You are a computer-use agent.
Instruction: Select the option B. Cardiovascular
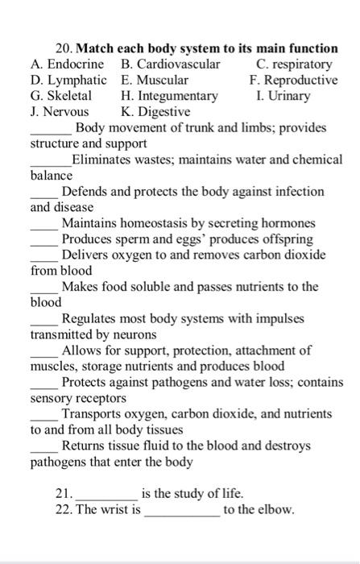point(170,64)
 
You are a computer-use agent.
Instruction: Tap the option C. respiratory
point(293,64)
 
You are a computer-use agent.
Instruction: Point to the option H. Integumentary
point(169,97)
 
